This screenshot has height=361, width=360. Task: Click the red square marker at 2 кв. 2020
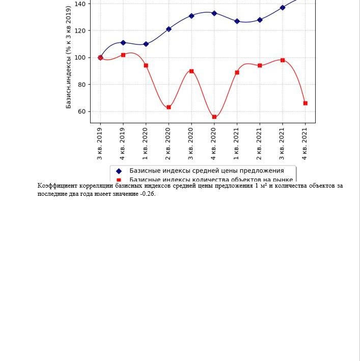pyautogui.click(x=169, y=107)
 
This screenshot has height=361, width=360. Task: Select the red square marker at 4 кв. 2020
pyautogui.click(x=214, y=117)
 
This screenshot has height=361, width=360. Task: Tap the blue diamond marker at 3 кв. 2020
pyautogui.click(x=191, y=16)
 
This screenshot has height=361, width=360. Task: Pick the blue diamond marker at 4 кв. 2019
pyautogui.click(x=123, y=43)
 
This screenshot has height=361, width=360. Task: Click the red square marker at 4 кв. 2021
pyautogui.click(x=306, y=103)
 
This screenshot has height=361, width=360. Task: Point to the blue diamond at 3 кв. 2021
pyautogui.click(x=283, y=8)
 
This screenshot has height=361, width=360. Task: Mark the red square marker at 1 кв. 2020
pyautogui.click(x=146, y=66)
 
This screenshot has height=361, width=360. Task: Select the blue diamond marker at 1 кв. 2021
pyautogui.click(x=237, y=21)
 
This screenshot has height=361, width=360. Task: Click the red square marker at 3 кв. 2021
pyautogui.click(x=283, y=60)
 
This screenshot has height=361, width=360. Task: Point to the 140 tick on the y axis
pyautogui.click(x=80, y=4)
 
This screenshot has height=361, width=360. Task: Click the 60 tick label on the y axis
pyautogui.click(x=82, y=112)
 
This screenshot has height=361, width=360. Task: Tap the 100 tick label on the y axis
pyautogui.click(x=80, y=58)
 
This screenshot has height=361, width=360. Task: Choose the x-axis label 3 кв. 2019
pyautogui.click(x=100, y=144)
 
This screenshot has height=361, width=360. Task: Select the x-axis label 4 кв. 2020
pyautogui.click(x=214, y=144)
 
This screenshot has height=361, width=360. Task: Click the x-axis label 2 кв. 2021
pyautogui.click(x=260, y=144)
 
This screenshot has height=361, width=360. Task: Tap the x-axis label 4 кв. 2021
pyautogui.click(x=306, y=144)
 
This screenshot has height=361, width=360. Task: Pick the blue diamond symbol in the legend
pyautogui.click(x=119, y=171)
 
